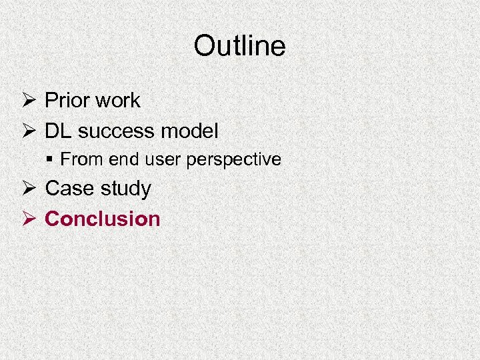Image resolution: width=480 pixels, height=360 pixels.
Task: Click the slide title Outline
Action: pos(239,46)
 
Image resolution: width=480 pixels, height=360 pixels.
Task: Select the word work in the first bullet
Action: pos(118,101)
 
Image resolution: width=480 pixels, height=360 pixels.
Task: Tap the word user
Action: pos(153,159)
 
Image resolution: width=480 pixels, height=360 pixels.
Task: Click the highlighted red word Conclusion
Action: pos(103,219)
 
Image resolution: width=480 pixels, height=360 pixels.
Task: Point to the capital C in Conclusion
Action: pos(52,219)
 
